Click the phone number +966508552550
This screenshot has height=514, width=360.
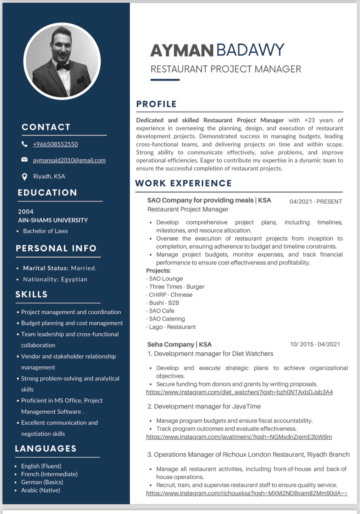[x=55, y=144]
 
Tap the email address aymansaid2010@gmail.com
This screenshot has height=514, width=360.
[x=69, y=160]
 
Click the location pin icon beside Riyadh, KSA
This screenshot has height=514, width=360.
[x=25, y=177]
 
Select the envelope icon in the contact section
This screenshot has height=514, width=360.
[x=24, y=160]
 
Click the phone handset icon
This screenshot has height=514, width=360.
[x=24, y=144]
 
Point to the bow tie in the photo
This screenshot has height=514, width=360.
[x=63, y=67]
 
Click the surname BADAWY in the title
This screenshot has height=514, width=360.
[x=250, y=50]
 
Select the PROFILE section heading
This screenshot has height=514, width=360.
[x=156, y=104]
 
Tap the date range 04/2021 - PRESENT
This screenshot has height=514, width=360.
[x=315, y=202]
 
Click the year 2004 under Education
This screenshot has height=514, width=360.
[x=26, y=211]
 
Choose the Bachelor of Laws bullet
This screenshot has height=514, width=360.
[x=45, y=231]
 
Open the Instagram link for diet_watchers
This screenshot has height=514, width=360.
[x=239, y=392]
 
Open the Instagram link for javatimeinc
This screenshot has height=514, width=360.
[x=239, y=437]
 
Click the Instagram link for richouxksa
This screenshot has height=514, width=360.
[x=246, y=493]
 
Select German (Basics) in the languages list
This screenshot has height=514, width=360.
[x=42, y=482]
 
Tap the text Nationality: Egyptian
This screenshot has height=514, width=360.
[x=55, y=279]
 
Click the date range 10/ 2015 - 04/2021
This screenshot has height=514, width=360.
[x=315, y=344]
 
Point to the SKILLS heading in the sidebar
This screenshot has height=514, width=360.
[x=31, y=294]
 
